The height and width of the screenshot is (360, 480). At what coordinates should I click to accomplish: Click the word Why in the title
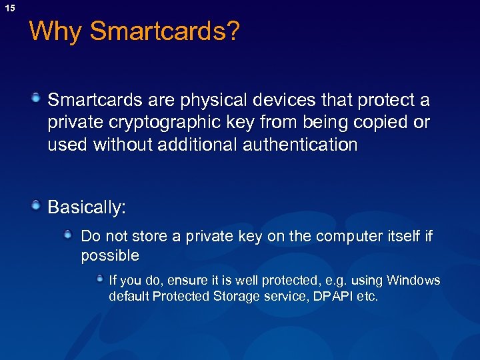click(56, 31)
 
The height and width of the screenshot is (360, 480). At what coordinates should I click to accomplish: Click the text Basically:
click(87, 207)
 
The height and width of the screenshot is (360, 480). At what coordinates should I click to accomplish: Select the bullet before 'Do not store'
click(69, 235)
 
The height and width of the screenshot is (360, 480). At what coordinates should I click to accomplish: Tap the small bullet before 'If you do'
click(99, 279)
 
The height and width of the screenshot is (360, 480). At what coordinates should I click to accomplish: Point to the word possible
click(110, 256)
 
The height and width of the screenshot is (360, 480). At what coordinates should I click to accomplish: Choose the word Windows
click(413, 280)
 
